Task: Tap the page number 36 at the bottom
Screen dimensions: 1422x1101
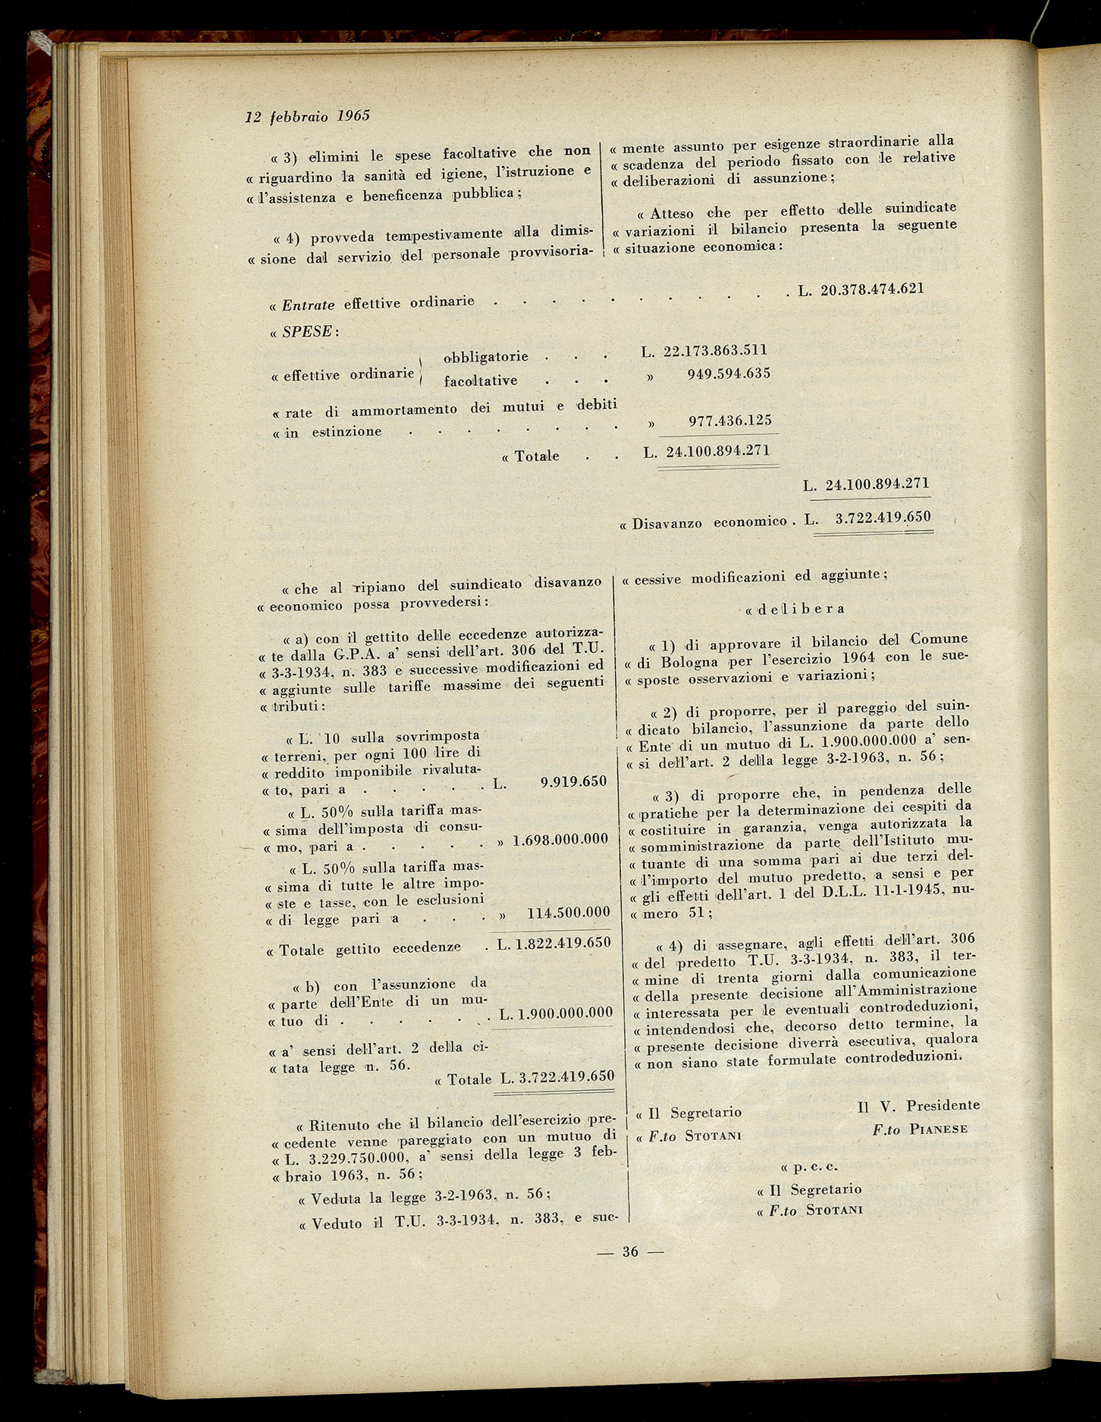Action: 630,1251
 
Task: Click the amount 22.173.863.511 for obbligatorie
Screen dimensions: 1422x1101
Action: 715,351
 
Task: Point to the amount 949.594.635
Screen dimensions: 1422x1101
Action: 729,374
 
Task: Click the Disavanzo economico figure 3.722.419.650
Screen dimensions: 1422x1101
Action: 882,518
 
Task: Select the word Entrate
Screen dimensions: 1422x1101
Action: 308,305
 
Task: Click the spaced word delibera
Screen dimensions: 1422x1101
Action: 801,609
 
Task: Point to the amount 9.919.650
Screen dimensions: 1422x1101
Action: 573,781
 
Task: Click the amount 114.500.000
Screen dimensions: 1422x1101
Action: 568,913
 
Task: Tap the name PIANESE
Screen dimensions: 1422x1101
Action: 939,1129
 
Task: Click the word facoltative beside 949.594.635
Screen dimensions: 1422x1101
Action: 481,381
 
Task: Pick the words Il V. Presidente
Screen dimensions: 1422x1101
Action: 917,1107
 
